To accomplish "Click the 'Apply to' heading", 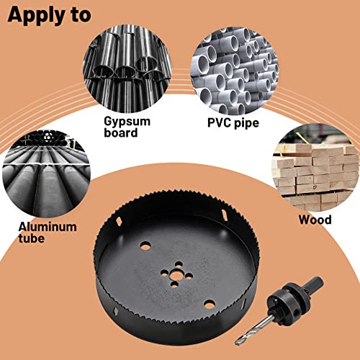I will [50, 14].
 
